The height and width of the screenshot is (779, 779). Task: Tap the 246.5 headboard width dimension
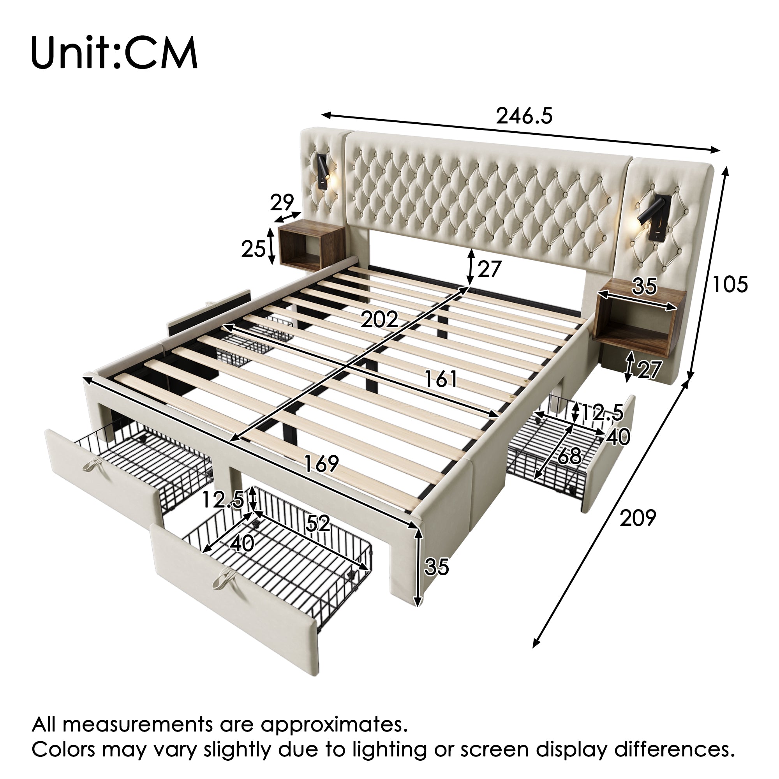524,116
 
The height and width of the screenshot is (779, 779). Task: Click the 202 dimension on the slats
379,320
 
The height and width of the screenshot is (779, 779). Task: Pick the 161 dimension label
441,379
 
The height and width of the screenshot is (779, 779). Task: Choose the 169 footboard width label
321,464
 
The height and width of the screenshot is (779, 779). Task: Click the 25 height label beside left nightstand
254,249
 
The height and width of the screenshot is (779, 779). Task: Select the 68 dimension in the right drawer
569,456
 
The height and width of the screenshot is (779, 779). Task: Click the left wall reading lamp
323,173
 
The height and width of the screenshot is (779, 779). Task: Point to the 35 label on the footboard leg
437,566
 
